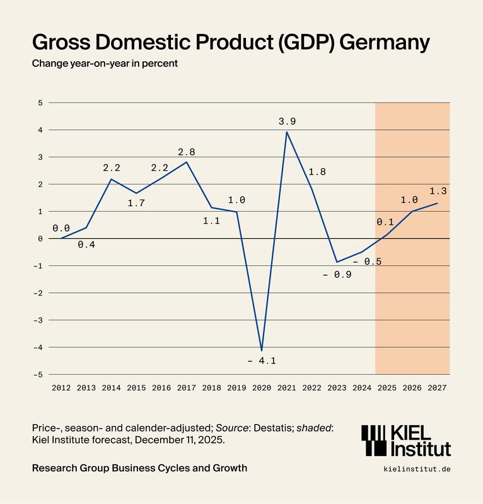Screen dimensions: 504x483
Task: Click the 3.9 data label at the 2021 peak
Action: pyautogui.click(x=288, y=120)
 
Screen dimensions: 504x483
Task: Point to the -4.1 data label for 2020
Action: pyautogui.click(x=262, y=361)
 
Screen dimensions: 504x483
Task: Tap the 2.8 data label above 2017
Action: pyautogui.click(x=187, y=152)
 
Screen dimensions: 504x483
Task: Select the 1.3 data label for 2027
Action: pyautogui.click(x=438, y=191)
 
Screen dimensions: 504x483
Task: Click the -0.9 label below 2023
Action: pyautogui.click(x=338, y=275)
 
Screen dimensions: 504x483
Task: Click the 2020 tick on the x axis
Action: pyautogui.click(x=262, y=388)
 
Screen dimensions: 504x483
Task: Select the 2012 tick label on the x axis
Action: pyautogui.click(x=61, y=388)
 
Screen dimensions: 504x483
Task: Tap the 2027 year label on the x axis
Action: pyautogui.click(x=437, y=388)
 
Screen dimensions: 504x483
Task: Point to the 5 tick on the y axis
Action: pyautogui.click(x=40, y=103)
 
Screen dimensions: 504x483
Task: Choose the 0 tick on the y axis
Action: pyautogui.click(x=40, y=239)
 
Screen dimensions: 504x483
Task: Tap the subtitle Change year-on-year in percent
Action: pyautogui.click(x=105, y=64)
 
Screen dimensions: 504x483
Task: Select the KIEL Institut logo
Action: pyautogui.click(x=405, y=440)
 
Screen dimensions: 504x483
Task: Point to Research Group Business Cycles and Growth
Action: pyautogui.click(x=139, y=468)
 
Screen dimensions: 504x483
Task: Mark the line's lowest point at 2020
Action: pyautogui.click(x=262, y=350)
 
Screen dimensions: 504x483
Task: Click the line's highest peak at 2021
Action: pyautogui.click(x=287, y=132)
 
